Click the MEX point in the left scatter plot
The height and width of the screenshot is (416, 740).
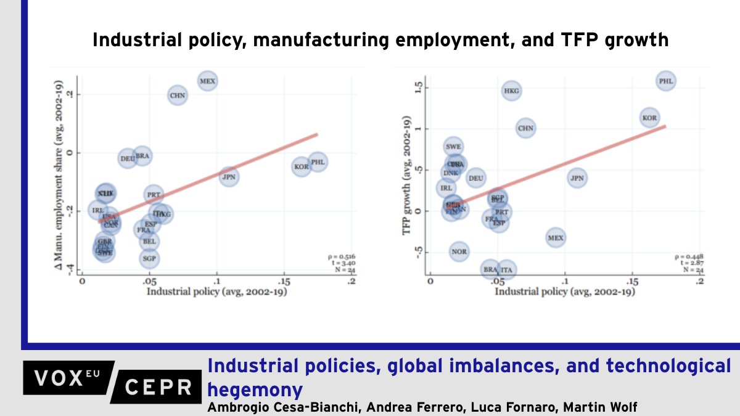point(207,81)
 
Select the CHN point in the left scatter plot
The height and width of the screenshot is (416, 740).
point(178,96)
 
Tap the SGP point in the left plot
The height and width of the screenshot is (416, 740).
point(149,259)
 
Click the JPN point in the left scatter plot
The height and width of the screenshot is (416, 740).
point(229,176)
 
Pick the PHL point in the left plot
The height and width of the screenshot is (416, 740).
point(318,162)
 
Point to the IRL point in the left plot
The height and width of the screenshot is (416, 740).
point(97,210)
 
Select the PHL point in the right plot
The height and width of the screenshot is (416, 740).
point(666,81)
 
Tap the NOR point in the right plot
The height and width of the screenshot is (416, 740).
point(459,251)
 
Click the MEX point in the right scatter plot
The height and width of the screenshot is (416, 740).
point(556,237)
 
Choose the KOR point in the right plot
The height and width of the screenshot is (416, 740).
point(649,117)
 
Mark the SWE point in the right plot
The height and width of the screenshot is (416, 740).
point(453,147)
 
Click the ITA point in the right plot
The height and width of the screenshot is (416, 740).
point(506,269)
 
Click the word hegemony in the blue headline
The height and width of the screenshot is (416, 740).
point(255,389)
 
